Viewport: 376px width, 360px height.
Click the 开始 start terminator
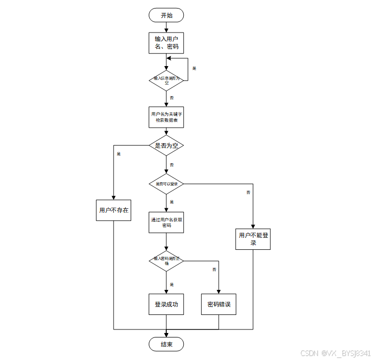166,15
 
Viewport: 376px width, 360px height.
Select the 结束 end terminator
166,344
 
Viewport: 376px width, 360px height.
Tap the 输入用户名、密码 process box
166,43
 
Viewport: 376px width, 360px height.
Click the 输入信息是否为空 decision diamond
166,80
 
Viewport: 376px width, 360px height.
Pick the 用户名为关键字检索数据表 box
166,118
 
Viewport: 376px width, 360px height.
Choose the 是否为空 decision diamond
166,146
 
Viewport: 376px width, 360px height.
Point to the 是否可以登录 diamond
166,184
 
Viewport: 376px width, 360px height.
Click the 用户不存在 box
114,210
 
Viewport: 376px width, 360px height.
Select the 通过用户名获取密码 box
166,222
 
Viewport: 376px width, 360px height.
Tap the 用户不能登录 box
253,239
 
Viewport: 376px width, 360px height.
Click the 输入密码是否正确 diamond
166,260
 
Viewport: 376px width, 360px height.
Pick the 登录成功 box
166,304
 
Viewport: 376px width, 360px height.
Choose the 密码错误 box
219,304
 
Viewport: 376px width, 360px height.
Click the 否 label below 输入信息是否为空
172,97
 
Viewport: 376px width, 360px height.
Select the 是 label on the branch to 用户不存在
119,154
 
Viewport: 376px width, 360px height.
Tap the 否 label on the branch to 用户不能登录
248,192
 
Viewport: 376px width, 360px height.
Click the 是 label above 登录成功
172,284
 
